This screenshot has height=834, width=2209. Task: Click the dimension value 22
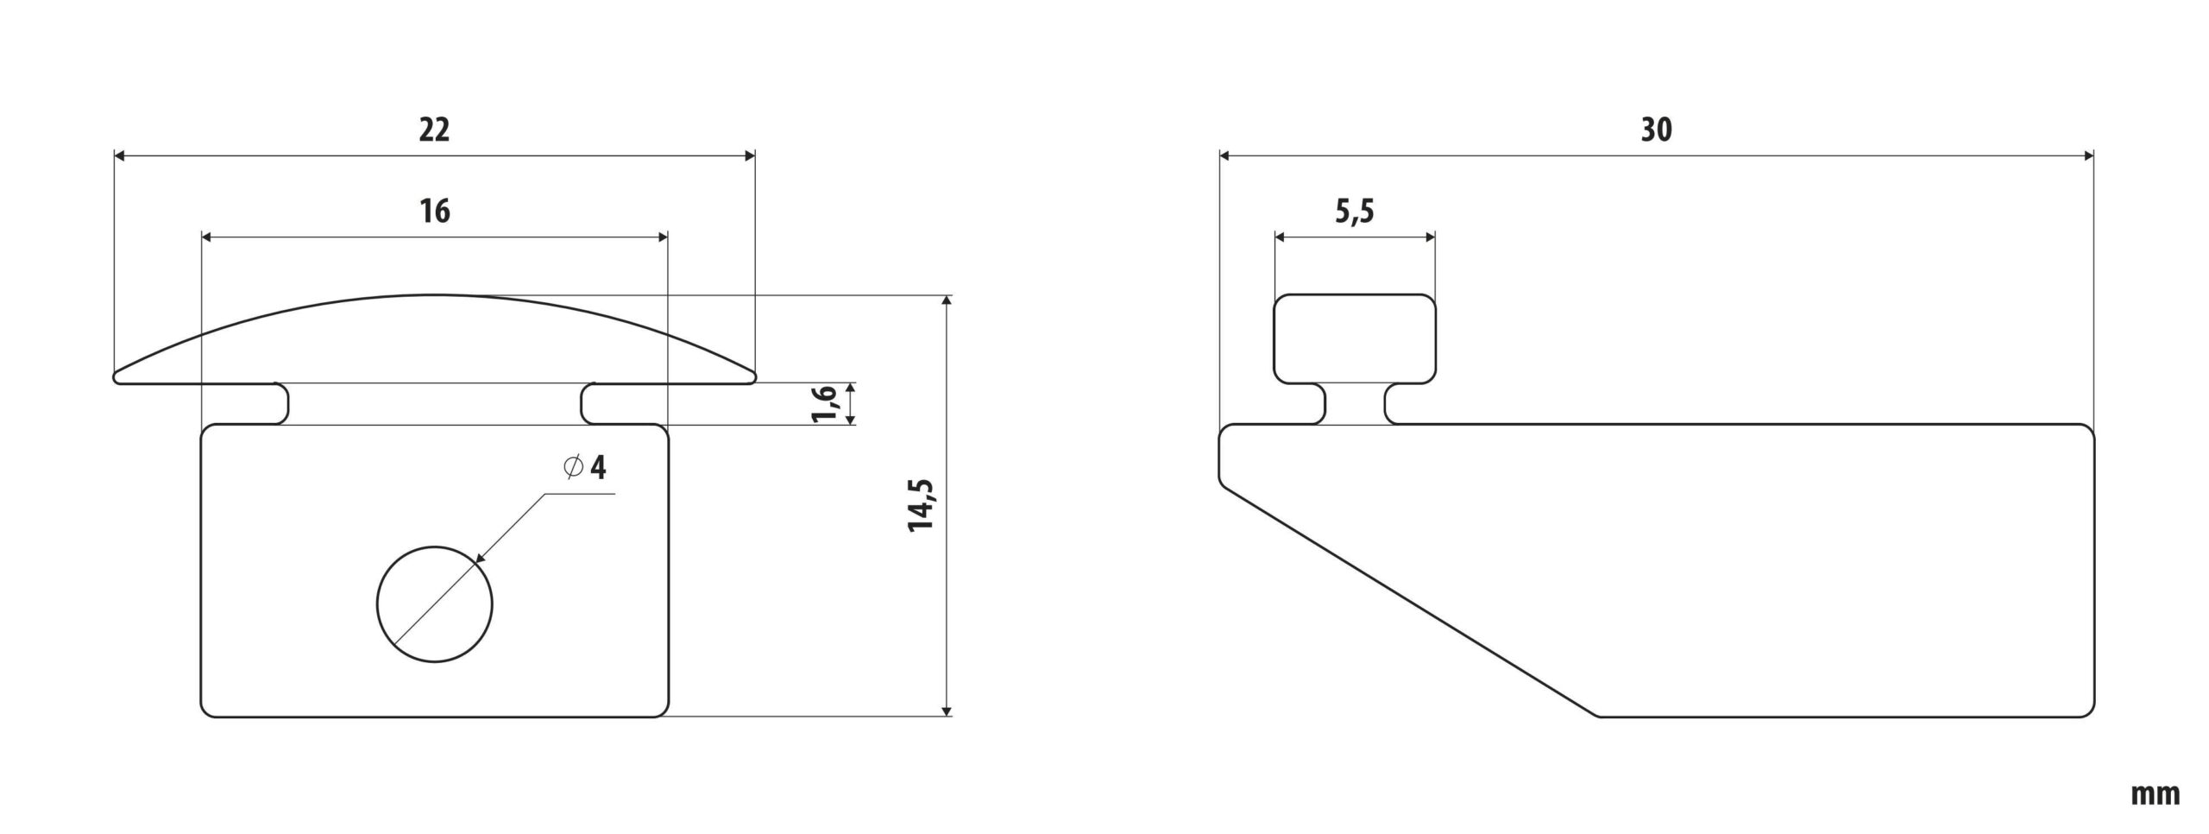pyautogui.click(x=434, y=130)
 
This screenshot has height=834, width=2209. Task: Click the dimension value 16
pyautogui.click(x=435, y=212)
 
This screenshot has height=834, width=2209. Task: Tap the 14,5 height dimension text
pyautogui.click(x=922, y=504)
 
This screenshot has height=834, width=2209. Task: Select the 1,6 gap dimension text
pyautogui.click(x=825, y=404)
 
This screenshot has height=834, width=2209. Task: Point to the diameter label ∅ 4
pyautogui.click(x=585, y=468)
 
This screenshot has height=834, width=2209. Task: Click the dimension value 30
pyautogui.click(x=1656, y=130)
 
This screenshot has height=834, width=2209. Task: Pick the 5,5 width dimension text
pyautogui.click(x=1355, y=212)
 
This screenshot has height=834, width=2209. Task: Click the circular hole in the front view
pyautogui.click(x=435, y=604)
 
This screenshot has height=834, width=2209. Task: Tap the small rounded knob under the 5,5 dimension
pyautogui.click(x=1355, y=338)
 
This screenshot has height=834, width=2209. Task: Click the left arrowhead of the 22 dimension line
pyautogui.click(x=121, y=156)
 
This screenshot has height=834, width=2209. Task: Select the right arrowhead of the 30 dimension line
pyautogui.click(x=2088, y=156)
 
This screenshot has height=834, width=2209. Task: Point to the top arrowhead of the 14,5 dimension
pyautogui.click(x=947, y=301)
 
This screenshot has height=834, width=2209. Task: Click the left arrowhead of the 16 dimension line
pyautogui.click(x=208, y=237)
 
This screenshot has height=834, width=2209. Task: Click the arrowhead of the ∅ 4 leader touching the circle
pyautogui.click(x=480, y=559)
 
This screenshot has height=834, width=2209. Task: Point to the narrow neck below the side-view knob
pyautogui.click(x=1355, y=403)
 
